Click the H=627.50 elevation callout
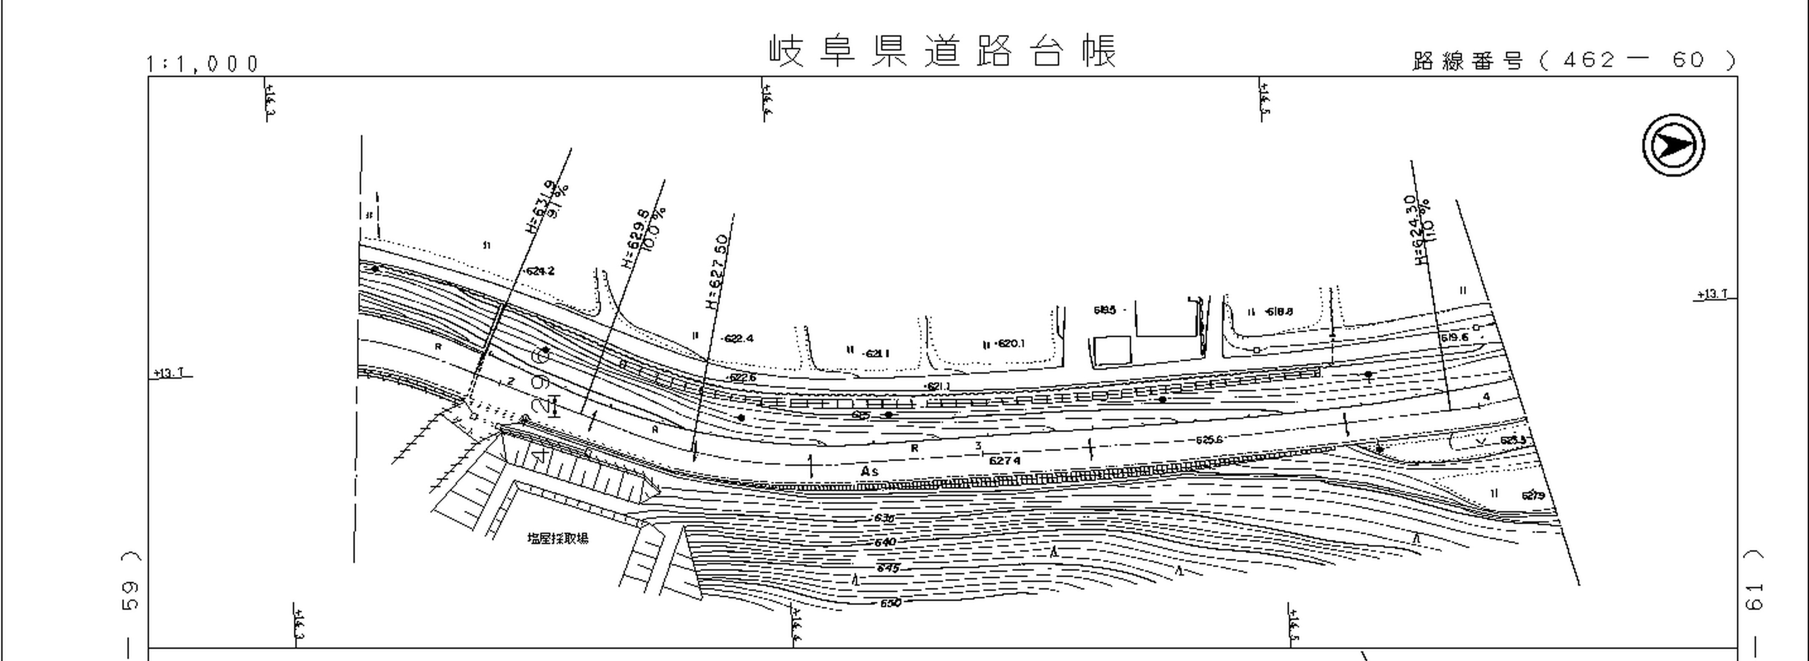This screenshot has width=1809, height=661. click(718, 272)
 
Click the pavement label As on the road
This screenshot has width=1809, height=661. click(869, 471)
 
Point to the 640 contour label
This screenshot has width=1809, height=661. click(885, 542)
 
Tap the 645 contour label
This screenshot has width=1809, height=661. click(887, 568)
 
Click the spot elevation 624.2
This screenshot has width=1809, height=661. click(539, 271)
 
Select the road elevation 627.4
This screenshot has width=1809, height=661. click(1004, 460)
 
